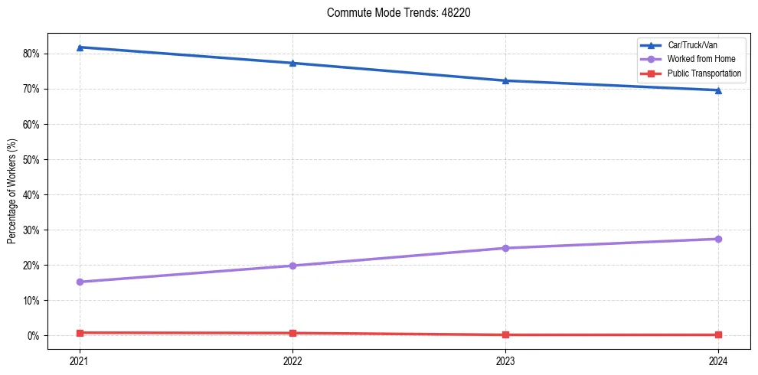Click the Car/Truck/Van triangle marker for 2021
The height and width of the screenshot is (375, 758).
click(x=80, y=47)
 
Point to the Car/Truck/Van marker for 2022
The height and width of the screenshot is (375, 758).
click(x=292, y=63)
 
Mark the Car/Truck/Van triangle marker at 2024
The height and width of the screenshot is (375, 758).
click(x=718, y=90)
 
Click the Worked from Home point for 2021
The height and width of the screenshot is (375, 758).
click(x=80, y=282)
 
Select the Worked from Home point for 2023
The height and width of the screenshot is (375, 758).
click(x=505, y=248)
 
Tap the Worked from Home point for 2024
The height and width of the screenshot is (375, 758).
click(x=718, y=239)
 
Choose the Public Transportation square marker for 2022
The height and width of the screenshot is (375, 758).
click(x=292, y=333)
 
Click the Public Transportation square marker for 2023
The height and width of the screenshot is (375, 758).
click(x=505, y=334)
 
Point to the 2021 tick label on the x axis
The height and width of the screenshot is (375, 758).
click(x=80, y=360)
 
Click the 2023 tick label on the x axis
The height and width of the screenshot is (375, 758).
click(x=505, y=360)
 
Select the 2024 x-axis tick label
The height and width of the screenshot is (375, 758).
click(x=718, y=360)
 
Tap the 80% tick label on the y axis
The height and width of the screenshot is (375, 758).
click(x=31, y=54)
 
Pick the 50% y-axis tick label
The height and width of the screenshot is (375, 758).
click(x=31, y=159)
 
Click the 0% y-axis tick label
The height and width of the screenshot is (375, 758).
click(x=34, y=336)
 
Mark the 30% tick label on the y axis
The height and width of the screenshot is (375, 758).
click(x=31, y=230)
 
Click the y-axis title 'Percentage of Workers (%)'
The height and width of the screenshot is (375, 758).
click(x=11, y=191)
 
